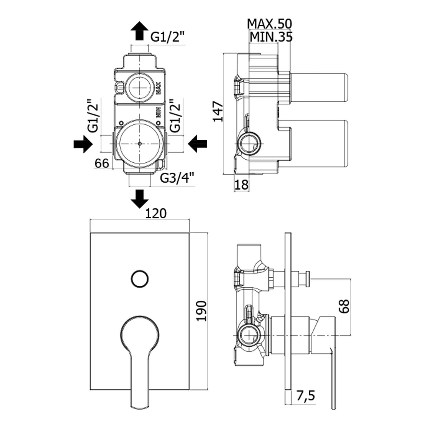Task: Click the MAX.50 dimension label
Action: tap(270, 24)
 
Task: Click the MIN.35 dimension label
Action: tap(271, 37)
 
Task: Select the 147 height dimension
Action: tap(218, 111)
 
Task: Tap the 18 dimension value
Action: tap(241, 185)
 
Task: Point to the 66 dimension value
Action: tap(102, 163)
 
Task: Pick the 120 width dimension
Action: tap(156, 214)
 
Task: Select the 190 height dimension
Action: tap(202, 311)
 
